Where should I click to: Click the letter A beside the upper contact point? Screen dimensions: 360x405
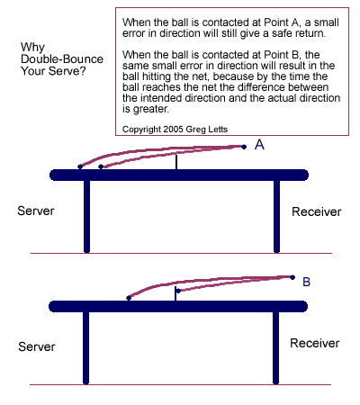coord(259,145)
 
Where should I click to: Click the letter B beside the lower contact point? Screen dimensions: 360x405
coord(306,282)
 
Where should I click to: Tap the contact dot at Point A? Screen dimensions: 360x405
coord(244,147)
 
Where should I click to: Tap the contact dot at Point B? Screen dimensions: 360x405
coord(292,277)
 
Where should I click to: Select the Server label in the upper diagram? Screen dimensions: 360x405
coord(36,211)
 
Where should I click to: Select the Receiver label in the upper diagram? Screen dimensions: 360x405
coord(317,211)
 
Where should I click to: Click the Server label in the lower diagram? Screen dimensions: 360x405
coord(37,346)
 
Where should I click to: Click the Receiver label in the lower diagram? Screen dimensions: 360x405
coord(315,343)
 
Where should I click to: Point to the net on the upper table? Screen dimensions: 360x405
coord(176,162)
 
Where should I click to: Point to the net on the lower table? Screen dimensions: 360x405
coord(175,293)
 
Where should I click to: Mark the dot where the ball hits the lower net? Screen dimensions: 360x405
coord(178,291)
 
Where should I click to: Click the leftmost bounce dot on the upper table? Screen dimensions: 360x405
coord(80,166)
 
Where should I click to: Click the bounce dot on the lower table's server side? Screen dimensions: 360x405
coord(129,298)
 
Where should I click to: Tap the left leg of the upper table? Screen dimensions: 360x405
coord(86,217)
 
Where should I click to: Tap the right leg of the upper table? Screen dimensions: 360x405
coord(276,217)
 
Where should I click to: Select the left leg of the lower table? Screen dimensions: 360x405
coord(85,348)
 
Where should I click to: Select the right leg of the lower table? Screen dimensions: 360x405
coord(275,348)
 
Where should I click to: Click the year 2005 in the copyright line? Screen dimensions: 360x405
coord(174,130)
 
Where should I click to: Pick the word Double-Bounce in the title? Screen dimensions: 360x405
coord(62,59)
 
